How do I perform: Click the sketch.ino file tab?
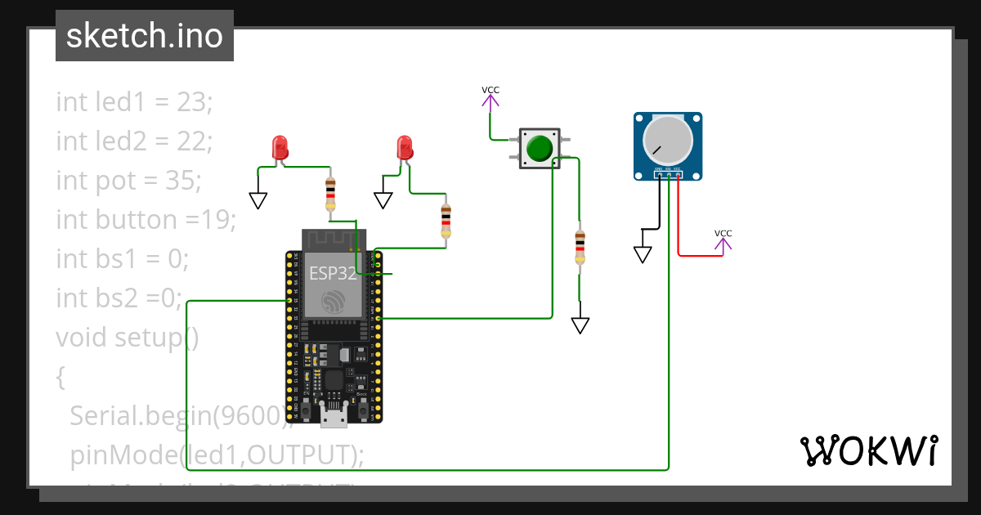point(145,36)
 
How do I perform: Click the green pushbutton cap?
point(540,149)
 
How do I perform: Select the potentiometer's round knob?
point(668,142)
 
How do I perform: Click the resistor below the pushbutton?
point(580,246)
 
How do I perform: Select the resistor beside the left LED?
point(330,195)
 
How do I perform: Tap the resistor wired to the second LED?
point(446,220)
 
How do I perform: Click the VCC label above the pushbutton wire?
point(490,91)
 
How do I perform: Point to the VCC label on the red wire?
point(723,234)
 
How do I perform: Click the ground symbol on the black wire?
point(643,254)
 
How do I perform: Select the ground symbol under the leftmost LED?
point(258,200)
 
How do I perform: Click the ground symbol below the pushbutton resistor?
point(580,325)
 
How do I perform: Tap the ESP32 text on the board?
point(333,273)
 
